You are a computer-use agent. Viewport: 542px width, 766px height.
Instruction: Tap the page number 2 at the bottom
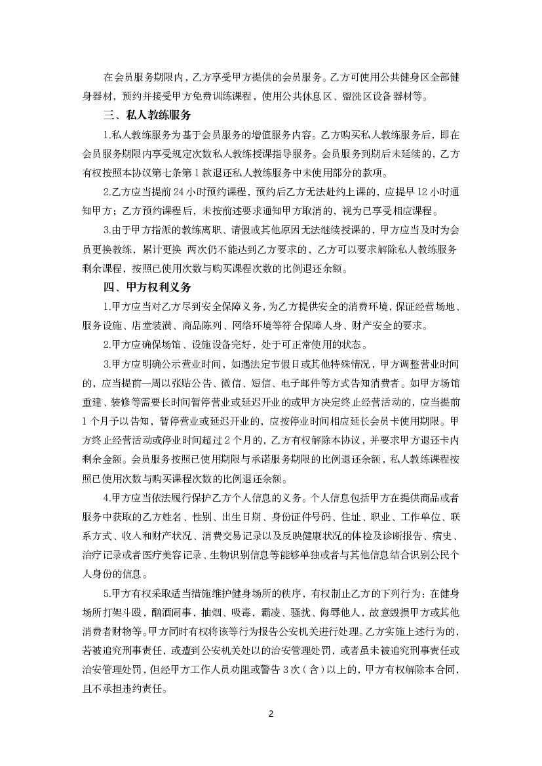tap(271, 714)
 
